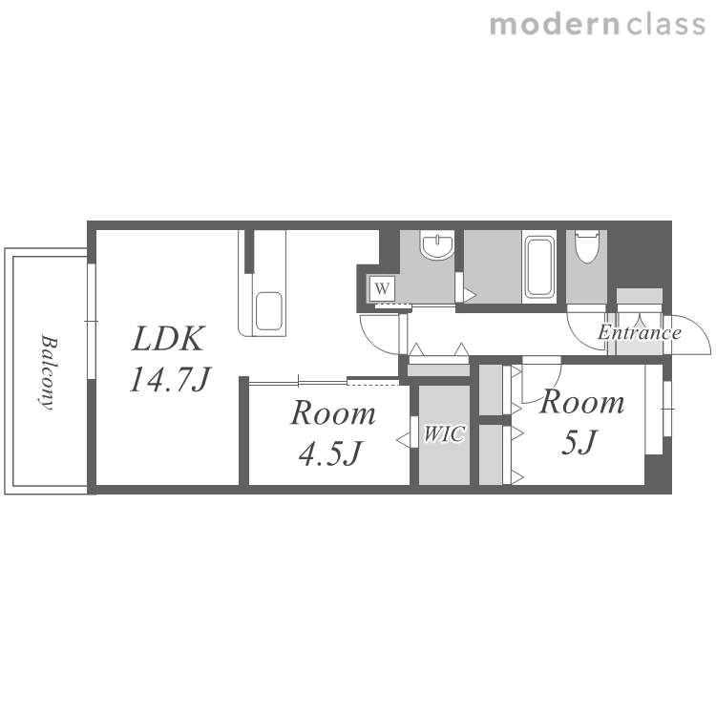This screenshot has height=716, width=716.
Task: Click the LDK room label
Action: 168,339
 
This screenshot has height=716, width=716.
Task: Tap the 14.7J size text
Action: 170,379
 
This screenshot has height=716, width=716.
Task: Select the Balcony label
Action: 49,372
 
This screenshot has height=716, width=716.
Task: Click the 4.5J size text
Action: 330,453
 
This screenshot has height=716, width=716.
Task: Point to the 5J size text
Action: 579,442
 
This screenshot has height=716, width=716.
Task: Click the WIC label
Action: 444,434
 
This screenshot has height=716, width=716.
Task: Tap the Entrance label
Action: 640,332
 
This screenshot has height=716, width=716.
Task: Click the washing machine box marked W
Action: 382,288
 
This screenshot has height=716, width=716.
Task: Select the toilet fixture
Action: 586,246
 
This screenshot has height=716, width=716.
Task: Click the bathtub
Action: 539,266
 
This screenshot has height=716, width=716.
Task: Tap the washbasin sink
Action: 437,245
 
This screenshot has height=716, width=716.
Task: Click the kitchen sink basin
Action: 268,311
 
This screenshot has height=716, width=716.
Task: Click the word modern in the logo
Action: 555,25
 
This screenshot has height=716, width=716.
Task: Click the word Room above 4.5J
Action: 333,413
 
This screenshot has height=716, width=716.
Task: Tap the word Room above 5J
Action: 581,402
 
